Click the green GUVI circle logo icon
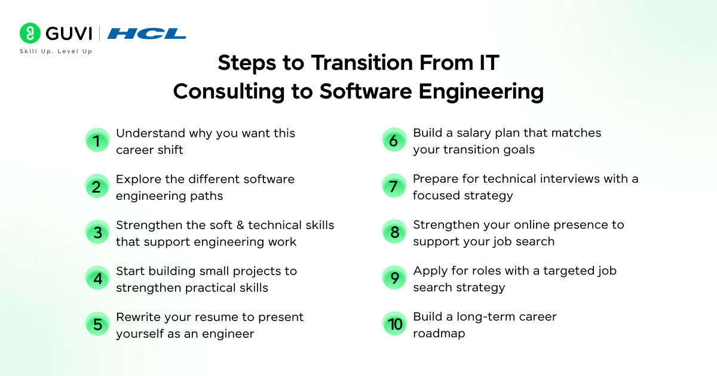tap(30, 33)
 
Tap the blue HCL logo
tap(146, 33)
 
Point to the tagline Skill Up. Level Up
tap(56, 51)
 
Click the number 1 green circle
tap(97, 141)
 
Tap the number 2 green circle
tap(97, 187)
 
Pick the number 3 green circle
tap(97, 233)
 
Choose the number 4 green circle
tap(97, 279)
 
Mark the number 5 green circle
tap(97, 325)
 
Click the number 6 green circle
tap(394, 141)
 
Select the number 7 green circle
tap(394, 186)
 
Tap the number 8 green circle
tap(394, 232)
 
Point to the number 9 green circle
tap(394, 279)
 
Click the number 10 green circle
tap(394, 324)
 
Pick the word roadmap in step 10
tap(439, 334)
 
